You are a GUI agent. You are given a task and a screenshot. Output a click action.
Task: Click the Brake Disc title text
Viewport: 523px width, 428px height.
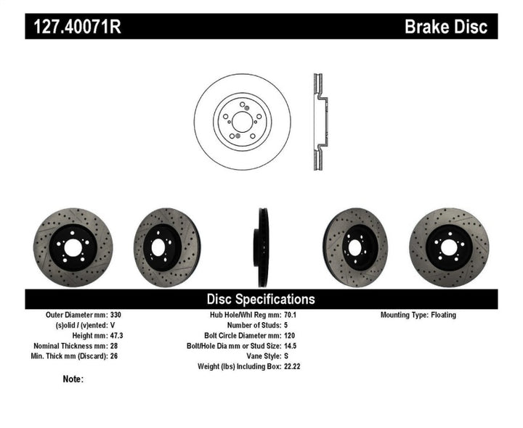click(x=446, y=27)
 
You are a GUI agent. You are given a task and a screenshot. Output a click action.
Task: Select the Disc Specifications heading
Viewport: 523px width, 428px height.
click(x=261, y=299)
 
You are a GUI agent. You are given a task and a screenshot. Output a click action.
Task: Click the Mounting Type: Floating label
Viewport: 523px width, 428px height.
click(x=419, y=316)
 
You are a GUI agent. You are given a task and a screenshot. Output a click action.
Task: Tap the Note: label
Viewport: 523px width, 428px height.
click(x=73, y=379)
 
